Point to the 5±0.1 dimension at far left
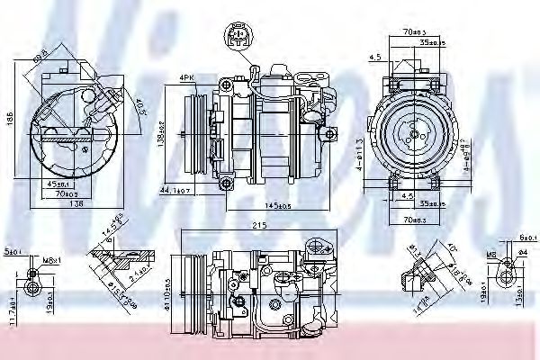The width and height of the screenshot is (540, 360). pyautogui.click(x=12, y=252)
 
